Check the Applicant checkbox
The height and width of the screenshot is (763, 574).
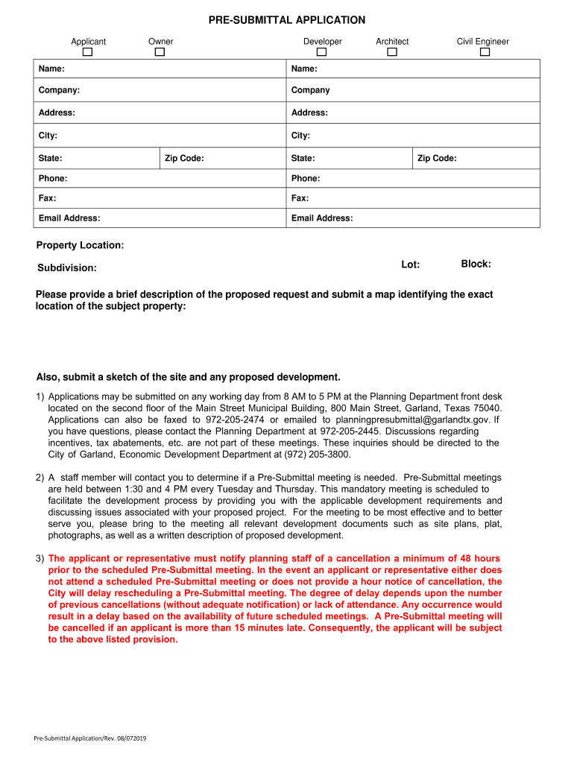click(88, 52)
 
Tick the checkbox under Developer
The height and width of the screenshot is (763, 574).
click(322, 52)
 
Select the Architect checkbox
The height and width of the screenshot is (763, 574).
click(392, 52)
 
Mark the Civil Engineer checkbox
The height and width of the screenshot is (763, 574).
click(485, 52)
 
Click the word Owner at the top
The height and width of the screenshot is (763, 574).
click(160, 42)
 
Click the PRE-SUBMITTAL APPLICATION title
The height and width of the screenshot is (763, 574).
click(287, 20)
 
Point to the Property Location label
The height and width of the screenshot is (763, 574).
click(81, 246)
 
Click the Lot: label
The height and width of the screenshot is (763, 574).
click(411, 265)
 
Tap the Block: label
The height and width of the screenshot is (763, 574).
click(476, 265)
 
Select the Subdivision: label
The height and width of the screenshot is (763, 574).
click(67, 268)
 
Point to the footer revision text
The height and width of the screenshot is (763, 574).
click(90, 738)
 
